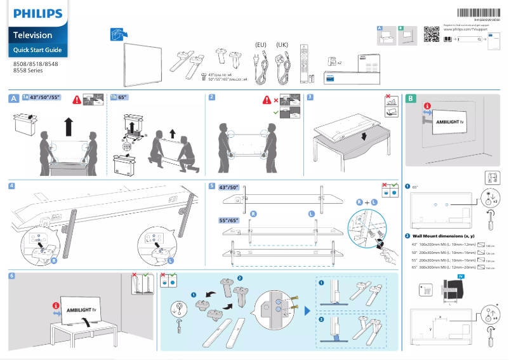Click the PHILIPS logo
click(39, 13)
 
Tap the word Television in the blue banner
click(33, 35)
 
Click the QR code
click(431, 34)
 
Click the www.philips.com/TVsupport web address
click(467, 29)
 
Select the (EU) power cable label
click(260, 44)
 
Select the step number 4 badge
click(12, 185)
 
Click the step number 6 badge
click(12, 276)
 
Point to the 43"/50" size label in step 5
click(228, 188)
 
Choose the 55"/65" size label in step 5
click(228, 220)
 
